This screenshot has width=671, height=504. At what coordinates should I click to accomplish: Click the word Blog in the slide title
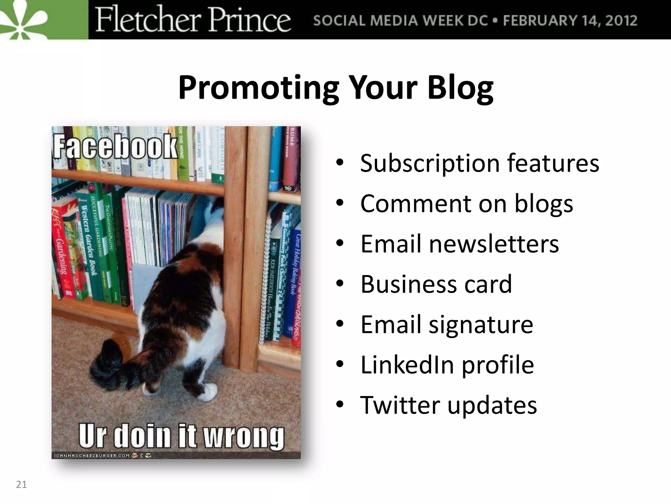click(460, 88)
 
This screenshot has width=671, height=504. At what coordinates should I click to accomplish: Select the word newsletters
click(494, 244)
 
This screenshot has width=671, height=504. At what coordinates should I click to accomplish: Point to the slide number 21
click(21, 485)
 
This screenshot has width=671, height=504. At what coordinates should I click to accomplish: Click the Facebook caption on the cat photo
click(115, 146)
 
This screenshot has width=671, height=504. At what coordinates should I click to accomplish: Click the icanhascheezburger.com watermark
click(92, 455)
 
